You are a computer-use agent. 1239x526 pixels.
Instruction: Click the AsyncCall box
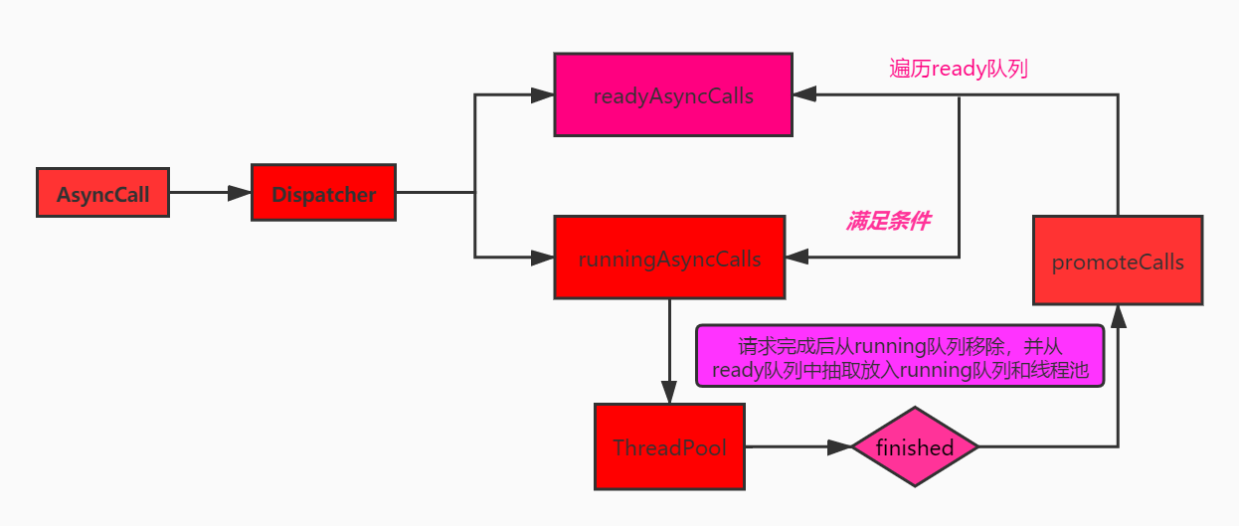(102, 193)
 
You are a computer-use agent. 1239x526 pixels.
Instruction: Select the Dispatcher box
(323, 193)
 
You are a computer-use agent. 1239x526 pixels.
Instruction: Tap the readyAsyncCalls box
(673, 95)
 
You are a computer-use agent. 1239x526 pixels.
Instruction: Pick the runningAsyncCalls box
(669, 259)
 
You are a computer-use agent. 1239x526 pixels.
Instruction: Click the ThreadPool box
(669, 446)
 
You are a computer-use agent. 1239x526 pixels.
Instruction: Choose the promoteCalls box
(1118, 261)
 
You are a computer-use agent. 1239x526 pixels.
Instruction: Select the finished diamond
(915, 447)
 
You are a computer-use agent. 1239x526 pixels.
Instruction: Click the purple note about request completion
(901, 356)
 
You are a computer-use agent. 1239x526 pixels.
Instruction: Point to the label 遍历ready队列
(959, 69)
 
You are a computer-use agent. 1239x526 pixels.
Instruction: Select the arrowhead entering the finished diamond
(841, 447)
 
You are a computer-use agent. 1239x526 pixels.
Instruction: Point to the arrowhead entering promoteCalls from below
(1118, 316)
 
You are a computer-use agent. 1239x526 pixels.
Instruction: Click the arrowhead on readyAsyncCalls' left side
(543, 95)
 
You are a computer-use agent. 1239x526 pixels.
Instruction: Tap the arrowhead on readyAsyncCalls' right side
(804, 95)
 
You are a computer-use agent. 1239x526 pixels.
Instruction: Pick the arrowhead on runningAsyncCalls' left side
(543, 259)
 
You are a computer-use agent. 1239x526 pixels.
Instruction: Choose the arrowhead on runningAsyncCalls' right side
(796, 259)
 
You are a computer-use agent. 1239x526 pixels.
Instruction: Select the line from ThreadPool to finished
(786, 447)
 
